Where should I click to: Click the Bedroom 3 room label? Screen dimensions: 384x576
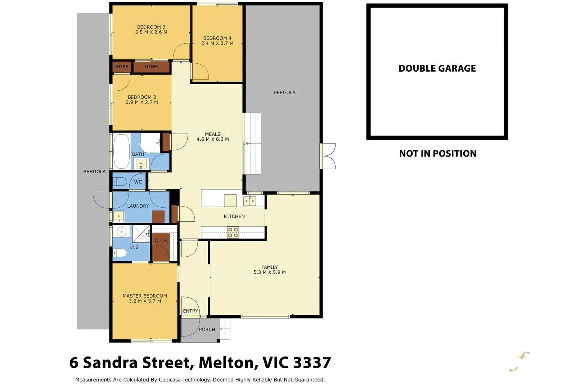(151, 27)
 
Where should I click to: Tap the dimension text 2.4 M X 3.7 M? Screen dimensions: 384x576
(217, 43)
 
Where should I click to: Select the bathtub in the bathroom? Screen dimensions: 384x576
(122, 152)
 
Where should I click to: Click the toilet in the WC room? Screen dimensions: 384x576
(120, 182)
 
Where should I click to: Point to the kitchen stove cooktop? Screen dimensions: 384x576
(233, 232)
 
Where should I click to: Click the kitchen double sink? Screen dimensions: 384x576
(249, 201)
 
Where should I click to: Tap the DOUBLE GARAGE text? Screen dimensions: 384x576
(437, 68)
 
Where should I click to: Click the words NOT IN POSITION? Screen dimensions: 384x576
(437, 154)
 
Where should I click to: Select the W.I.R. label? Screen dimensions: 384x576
(161, 240)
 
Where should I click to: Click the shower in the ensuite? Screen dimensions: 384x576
(141, 234)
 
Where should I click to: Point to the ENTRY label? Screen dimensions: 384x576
(190, 311)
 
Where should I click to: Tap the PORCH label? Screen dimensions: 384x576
(207, 329)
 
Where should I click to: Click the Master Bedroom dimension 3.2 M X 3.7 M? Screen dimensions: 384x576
(145, 301)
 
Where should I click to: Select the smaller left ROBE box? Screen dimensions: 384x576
(122, 67)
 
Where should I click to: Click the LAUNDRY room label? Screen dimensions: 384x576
(138, 206)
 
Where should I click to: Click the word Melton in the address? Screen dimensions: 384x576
(228, 363)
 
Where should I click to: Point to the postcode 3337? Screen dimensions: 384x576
(312, 363)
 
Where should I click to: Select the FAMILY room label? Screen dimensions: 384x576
(269, 267)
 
